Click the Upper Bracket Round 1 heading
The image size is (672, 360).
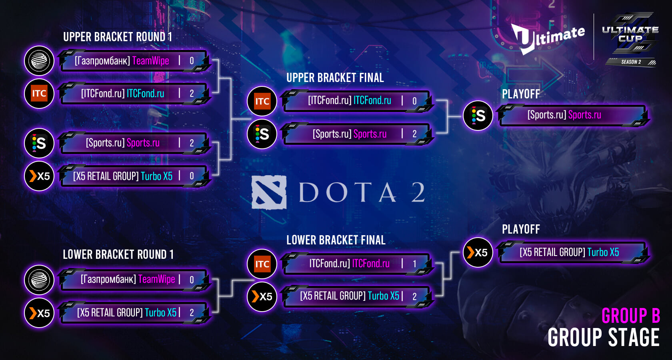click(118, 37)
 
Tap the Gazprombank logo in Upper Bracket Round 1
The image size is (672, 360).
click(39, 61)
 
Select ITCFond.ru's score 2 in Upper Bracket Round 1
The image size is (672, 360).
click(192, 94)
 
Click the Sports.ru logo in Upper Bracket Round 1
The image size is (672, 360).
click(39, 143)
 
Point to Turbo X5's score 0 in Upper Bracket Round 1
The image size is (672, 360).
click(192, 176)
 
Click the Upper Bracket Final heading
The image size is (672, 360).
click(335, 78)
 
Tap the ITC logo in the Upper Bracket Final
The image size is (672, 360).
click(262, 101)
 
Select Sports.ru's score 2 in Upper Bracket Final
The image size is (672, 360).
click(414, 134)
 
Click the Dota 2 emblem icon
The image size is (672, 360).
click(269, 192)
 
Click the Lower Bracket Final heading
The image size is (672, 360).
click(336, 240)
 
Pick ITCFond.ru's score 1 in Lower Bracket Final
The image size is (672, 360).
click(414, 264)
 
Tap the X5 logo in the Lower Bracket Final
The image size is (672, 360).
click(262, 296)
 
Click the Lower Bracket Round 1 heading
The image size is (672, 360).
click(118, 254)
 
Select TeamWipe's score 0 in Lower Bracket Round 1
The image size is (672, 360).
click(192, 280)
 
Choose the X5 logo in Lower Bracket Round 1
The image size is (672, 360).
click(39, 313)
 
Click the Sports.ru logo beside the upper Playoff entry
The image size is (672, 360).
click(478, 116)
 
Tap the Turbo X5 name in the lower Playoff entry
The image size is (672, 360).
click(603, 252)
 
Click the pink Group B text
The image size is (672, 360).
click(630, 316)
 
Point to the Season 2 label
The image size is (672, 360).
click(631, 62)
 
